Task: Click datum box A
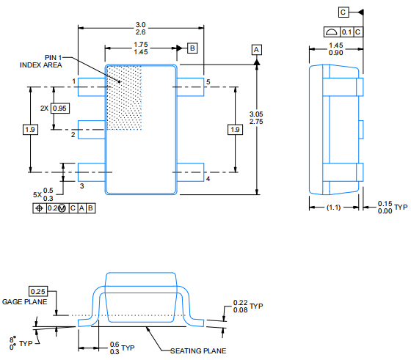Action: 256,50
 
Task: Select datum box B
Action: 192,48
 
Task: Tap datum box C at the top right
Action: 343,12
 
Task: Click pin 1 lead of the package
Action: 92,87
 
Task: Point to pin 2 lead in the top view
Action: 92,130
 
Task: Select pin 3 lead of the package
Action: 92,172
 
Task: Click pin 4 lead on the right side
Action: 190,172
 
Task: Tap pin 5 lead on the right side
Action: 190,87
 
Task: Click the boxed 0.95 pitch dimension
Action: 60,108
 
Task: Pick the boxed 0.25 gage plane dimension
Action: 38,291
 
